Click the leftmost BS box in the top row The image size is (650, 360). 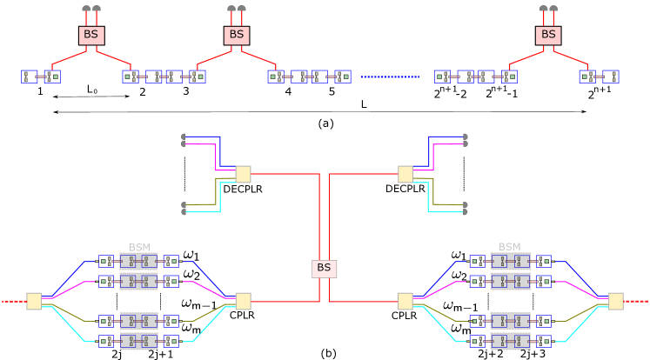pyautogui.click(x=91, y=36)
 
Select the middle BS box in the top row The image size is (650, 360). pyautogui.click(x=236, y=36)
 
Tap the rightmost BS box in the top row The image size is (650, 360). pyautogui.click(x=547, y=36)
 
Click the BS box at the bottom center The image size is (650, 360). pyautogui.click(x=324, y=269)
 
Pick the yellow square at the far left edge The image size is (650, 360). pyautogui.click(x=34, y=301)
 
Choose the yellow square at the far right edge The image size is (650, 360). pyautogui.click(x=615, y=301)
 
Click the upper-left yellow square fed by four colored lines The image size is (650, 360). pyautogui.click(x=243, y=174)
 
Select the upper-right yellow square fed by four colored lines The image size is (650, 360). pyautogui.click(x=405, y=174)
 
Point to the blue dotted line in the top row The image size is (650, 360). pyautogui.click(x=390, y=77)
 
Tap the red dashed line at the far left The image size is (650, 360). pyautogui.click(x=12, y=301)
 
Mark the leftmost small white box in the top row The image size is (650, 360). pyautogui.click(x=29, y=77)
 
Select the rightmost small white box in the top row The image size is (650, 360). pyautogui.click(x=611, y=77)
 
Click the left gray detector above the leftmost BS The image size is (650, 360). pyautogui.click(x=86, y=9)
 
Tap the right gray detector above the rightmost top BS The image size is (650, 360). pyautogui.click(x=553, y=9)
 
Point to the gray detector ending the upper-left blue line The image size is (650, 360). pyautogui.click(x=184, y=137)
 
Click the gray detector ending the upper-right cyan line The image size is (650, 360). pyautogui.click(x=465, y=211)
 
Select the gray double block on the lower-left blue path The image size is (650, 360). pyautogui.click(x=138, y=261)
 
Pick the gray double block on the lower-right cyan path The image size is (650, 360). pyautogui.click(x=510, y=341)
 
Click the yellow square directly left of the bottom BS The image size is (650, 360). pyautogui.click(x=243, y=301)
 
